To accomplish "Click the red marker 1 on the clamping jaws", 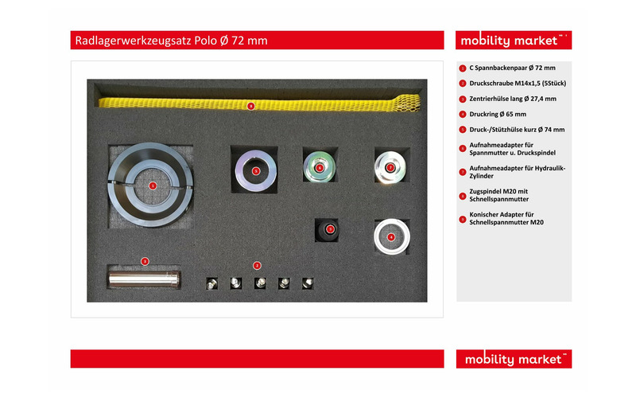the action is [153, 185].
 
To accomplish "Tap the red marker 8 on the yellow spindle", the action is [251, 106].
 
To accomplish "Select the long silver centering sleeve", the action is [144, 279].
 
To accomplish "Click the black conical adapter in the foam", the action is [328, 231].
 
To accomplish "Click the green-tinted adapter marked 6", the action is [320, 166].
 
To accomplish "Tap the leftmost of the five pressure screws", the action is [211, 283].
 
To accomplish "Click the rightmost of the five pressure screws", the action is [308, 283].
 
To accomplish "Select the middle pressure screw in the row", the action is [260, 283].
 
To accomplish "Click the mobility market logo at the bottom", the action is [514, 359].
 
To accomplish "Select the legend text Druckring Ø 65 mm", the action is [498, 114].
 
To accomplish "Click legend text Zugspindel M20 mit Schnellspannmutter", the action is [499, 195].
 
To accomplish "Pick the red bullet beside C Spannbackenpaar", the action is [463, 68].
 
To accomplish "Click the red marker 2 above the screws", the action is [257, 266].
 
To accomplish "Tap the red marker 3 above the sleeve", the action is [145, 261].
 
